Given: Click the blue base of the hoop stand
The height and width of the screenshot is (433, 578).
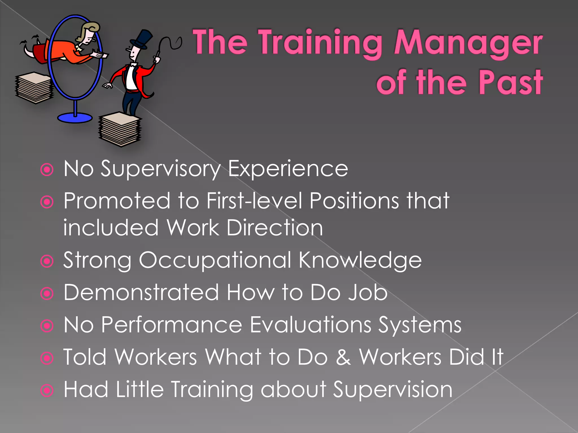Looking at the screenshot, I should pos(75,118).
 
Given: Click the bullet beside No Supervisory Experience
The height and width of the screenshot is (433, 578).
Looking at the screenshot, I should pos(47,170).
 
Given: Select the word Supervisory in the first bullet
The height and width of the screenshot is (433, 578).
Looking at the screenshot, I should pos(161,169).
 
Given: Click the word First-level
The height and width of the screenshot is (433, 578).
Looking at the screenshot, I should pos(254,201).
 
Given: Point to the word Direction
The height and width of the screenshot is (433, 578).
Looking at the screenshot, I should pos(275,228).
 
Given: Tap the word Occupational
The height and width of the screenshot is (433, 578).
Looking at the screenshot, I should pos(214,260).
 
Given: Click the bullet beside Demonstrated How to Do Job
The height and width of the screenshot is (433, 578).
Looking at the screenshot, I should pos(47,294).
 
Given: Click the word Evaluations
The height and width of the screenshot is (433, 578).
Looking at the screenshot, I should pos(310,325).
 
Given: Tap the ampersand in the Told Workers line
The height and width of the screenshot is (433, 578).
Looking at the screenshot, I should pos(343,357).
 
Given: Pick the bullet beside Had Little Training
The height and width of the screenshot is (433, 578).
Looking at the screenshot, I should pos(47,391).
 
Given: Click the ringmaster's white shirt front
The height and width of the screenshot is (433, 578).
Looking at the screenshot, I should pos(131,78).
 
